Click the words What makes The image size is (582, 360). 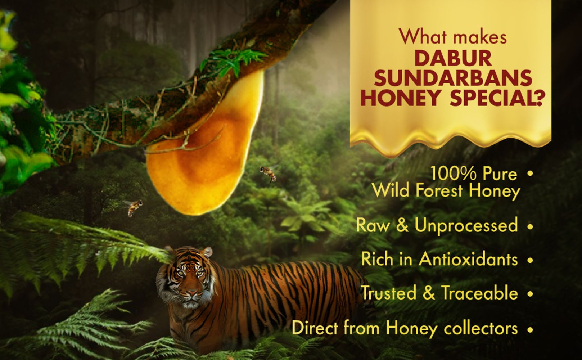453,37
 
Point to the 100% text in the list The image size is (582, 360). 454,174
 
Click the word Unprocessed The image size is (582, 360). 466,226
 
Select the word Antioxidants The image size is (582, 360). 468,259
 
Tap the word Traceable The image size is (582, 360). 479,293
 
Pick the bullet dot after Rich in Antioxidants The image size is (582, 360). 529,260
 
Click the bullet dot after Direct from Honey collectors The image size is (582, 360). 529,329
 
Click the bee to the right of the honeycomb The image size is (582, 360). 269,173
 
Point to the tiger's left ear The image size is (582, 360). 170,250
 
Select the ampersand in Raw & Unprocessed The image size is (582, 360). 402,226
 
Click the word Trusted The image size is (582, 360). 389,293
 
